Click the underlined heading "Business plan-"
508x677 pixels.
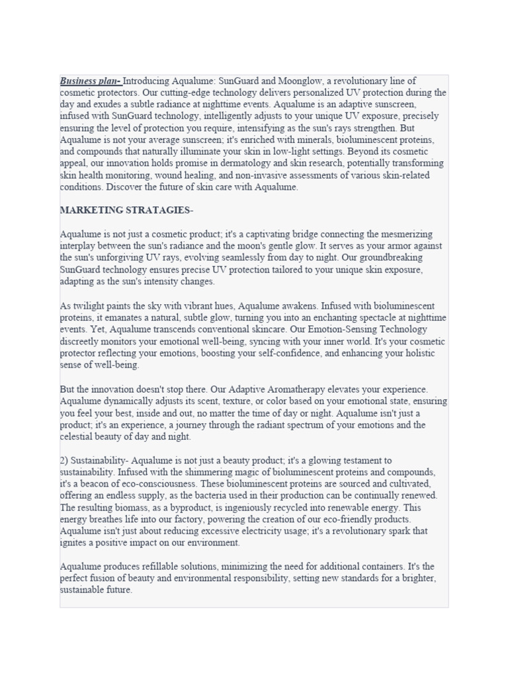[x=91, y=81]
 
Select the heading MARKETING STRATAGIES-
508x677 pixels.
[x=126, y=210]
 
